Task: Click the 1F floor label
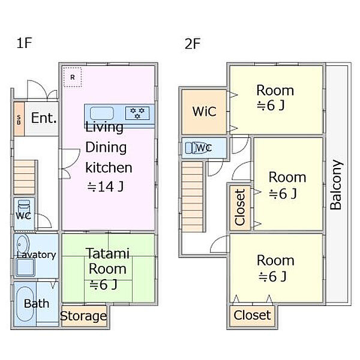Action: click(24, 43)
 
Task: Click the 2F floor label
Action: click(193, 44)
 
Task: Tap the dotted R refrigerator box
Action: click(73, 77)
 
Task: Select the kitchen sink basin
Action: click(102, 113)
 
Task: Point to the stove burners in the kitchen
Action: click(137, 113)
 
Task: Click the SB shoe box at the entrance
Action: click(19, 119)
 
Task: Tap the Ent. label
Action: click(44, 118)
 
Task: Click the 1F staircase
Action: click(25, 177)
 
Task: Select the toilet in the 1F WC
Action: click(23, 207)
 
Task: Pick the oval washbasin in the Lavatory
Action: click(23, 244)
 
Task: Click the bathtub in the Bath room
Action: click(25, 304)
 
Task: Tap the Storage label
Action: click(83, 316)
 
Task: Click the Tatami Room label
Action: click(107, 261)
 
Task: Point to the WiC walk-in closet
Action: click(204, 112)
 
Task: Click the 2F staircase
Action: click(193, 197)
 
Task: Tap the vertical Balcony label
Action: click(335, 185)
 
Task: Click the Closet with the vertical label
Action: click(240, 208)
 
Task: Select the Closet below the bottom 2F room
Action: click(252, 316)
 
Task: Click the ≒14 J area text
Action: click(106, 187)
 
